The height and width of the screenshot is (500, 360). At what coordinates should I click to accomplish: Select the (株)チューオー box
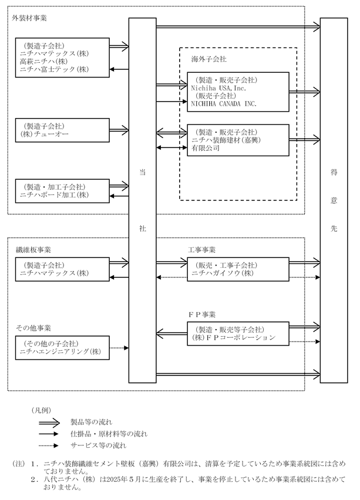(62, 130)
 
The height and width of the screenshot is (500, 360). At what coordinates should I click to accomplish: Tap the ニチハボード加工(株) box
(62, 191)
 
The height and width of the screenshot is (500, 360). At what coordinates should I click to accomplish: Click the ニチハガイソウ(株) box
(238, 269)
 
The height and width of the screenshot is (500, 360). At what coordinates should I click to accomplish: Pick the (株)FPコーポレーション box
(238, 334)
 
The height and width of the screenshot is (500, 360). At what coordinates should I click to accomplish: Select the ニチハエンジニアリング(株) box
(62, 348)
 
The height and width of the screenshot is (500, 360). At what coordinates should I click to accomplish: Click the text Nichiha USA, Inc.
(218, 88)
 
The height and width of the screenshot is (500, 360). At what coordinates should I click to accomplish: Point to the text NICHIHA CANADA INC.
(224, 103)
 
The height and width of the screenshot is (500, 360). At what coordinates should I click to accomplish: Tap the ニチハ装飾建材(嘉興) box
(238, 140)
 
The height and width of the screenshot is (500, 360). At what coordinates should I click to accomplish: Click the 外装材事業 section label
(29, 18)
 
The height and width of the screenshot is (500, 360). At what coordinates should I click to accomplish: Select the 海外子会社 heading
(209, 59)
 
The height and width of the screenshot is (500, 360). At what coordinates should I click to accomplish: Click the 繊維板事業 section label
(33, 250)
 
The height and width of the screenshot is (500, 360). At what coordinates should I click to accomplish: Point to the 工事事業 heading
(201, 250)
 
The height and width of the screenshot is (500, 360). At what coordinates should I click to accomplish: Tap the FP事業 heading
(201, 314)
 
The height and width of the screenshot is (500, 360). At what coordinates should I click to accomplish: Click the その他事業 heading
(33, 328)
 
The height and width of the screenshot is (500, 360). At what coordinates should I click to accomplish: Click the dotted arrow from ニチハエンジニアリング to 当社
(119, 348)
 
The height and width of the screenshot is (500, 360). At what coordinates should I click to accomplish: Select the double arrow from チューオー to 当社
(119, 130)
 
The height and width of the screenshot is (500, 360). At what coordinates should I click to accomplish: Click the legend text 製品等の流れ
(92, 422)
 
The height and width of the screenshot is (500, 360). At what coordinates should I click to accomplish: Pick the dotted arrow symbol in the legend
(49, 445)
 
